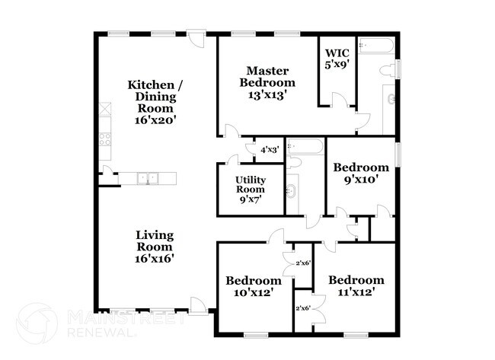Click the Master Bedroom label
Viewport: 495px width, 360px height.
tap(267, 75)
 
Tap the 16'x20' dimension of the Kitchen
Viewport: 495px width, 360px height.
tap(155, 120)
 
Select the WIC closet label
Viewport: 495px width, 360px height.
tap(336, 53)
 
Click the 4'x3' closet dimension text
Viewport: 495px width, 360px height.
tap(270, 151)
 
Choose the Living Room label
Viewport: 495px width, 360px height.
tap(155, 241)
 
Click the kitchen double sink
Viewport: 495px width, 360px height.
tap(148, 178)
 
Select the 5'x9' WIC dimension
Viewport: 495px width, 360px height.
tap(336, 65)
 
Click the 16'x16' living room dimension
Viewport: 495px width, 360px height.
tap(155, 258)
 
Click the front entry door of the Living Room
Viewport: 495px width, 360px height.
tap(197, 305)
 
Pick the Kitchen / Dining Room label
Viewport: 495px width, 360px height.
tap(155, 97)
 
